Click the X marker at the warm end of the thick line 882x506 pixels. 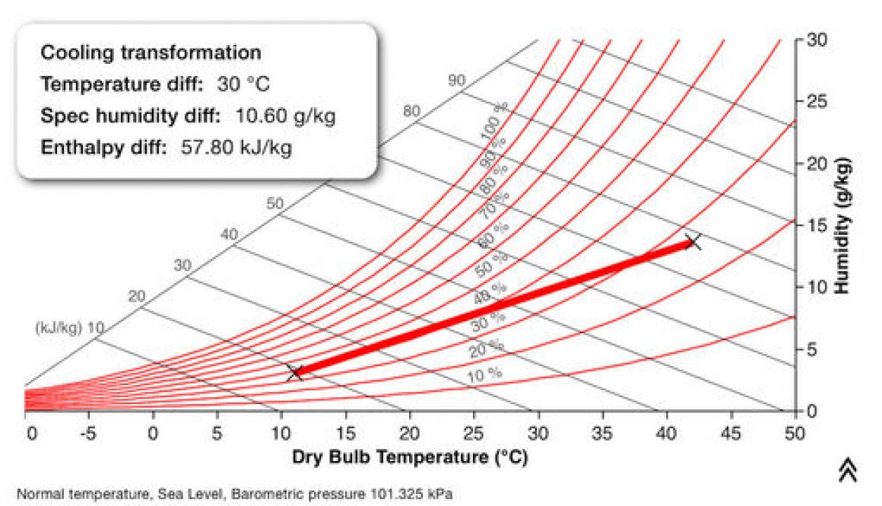tap(692, 242)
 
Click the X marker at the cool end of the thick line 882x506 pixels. tap(295, 372)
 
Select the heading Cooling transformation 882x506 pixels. tap(151, 53)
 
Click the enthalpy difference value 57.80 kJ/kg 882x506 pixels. tap(236, 147)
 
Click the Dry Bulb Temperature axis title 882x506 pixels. tap(410, 457)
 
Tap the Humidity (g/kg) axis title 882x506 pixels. tap(842, 226)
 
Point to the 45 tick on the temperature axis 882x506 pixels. tap(731, 434)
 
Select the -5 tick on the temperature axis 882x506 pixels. tap(89, 434)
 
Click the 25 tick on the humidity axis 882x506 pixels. tap(817, 101)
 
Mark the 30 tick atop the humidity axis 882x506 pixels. tap(817, 40)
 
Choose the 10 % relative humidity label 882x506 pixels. tap(484, 374)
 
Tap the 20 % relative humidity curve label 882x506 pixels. tap(486, 348)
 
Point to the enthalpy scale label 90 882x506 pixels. tap(456, 80)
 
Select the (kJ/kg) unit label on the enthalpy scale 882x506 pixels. tap(59, 329)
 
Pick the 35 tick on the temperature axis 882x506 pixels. tap(602, 434)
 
